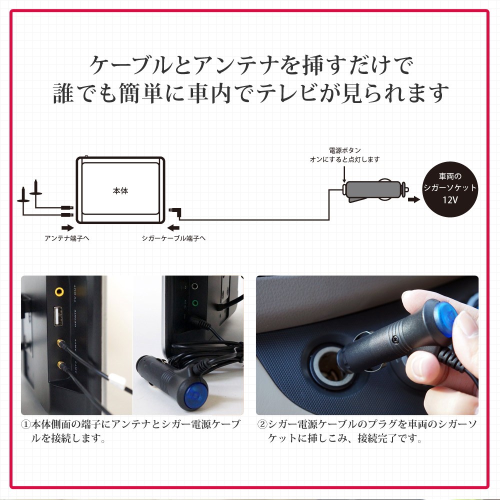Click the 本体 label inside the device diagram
tap(120, 190)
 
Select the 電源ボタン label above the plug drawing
tap(344, 150)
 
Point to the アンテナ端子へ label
tap(67, 238)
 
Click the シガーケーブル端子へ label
tap(173, 238)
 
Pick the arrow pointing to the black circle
tap(413, 200)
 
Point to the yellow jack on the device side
tap(60, 290)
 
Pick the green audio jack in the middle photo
tap(195, 302)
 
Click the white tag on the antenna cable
tap(115, 382)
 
